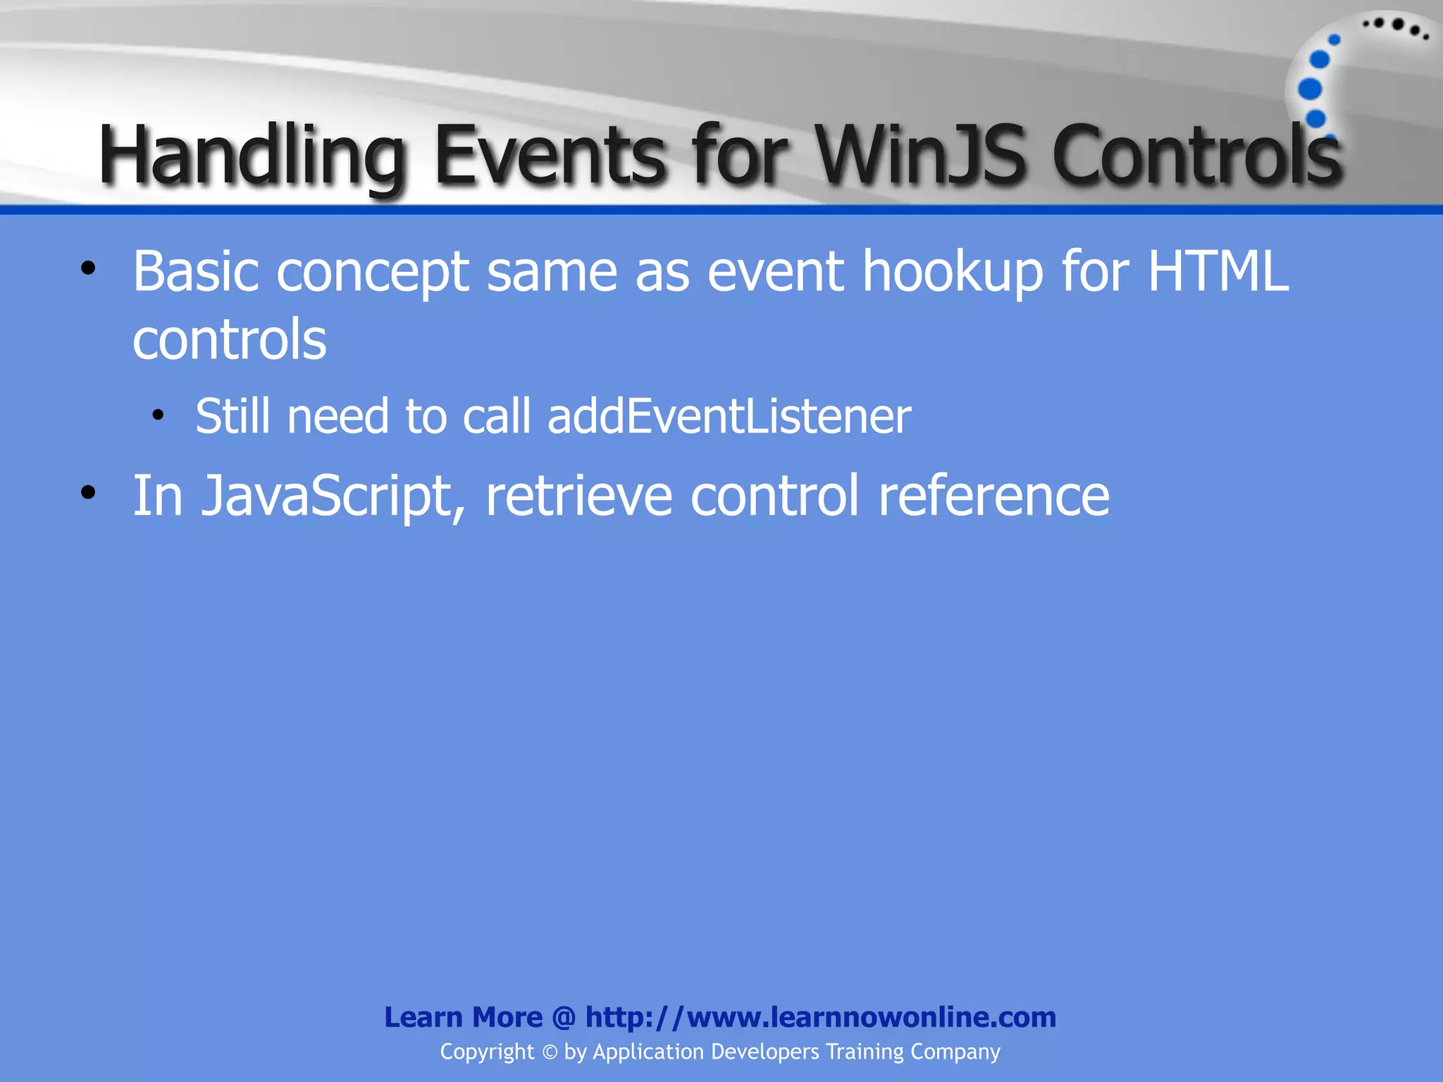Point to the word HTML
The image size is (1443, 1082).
pos(1218,271)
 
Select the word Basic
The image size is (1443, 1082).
pos(195,271)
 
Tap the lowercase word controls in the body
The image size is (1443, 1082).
pos(230,340)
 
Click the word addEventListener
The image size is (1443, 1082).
pos(729,416)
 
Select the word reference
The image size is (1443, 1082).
pos(993,496)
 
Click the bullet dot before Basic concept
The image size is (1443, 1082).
pos(87,268)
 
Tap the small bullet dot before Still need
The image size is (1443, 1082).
pos(158,415)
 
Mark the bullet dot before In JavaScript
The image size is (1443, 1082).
pos(87,493)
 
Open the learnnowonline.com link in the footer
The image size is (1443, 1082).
pos(820,1017)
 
